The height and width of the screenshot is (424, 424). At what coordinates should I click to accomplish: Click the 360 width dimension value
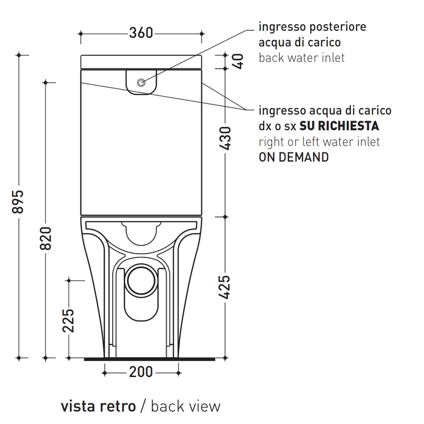click(141, 33)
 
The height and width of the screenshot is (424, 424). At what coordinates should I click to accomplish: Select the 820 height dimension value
click(46, 239)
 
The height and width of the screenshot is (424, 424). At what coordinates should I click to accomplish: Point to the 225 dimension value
click(68, 321)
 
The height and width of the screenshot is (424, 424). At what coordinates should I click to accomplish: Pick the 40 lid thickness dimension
click(238, 61)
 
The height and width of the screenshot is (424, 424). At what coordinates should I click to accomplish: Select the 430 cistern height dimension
click(225, 139)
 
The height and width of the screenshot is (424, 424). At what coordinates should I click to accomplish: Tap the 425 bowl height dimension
click(225, 287)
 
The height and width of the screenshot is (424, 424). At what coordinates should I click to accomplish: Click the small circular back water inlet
click(141, 83)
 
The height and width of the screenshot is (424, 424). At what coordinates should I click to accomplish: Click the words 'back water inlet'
click(301, 58)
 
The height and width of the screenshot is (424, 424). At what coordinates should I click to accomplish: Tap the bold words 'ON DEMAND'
click(293, 158)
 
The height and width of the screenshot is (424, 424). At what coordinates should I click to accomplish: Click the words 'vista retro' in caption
click(98, 406)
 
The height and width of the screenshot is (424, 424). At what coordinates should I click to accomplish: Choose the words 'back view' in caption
click(185, 406)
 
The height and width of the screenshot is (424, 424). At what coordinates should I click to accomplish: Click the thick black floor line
click(150, 359)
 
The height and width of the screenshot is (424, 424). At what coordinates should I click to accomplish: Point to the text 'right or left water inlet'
click(319, 142)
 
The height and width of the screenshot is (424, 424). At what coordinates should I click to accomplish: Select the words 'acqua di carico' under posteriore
click(300, 42)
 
